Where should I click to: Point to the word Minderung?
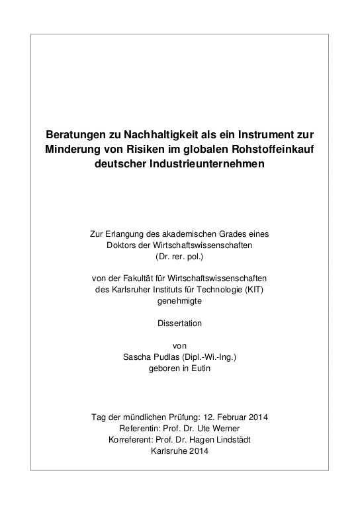point(74,148)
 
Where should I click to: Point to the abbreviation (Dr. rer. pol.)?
point(180,256)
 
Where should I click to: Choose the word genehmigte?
point(179,300)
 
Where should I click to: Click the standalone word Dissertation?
point(179,323)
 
